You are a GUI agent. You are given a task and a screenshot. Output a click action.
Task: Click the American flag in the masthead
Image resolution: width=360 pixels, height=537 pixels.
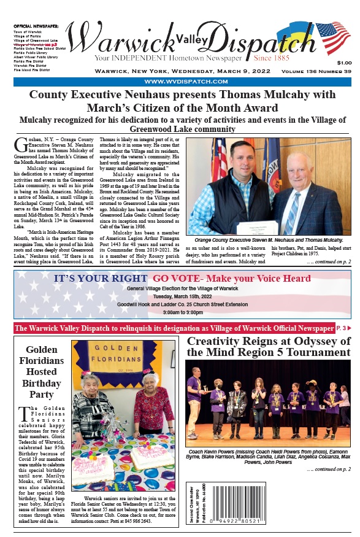(x=332, y=38)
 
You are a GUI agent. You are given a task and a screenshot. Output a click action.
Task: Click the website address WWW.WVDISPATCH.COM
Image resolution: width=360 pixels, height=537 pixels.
(x=179, y=82)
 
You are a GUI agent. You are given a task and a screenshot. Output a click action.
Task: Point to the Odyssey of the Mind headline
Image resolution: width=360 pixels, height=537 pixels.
(x=268, y=347)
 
